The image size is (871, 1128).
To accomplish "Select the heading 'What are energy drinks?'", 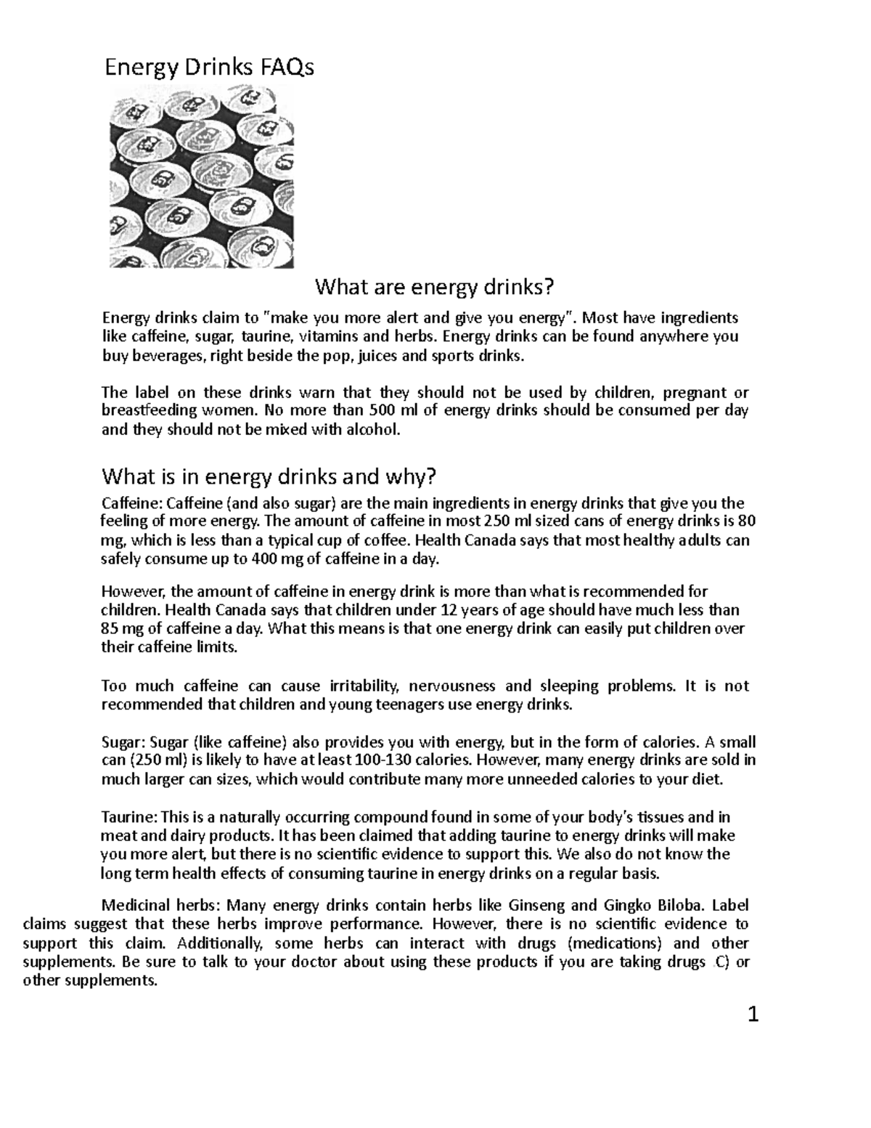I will [433, 288].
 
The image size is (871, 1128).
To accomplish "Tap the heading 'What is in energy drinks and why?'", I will [269, 476].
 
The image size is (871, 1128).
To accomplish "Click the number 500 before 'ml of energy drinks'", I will [383, 411].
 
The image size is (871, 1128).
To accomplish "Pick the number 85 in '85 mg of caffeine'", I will [110, 629].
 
